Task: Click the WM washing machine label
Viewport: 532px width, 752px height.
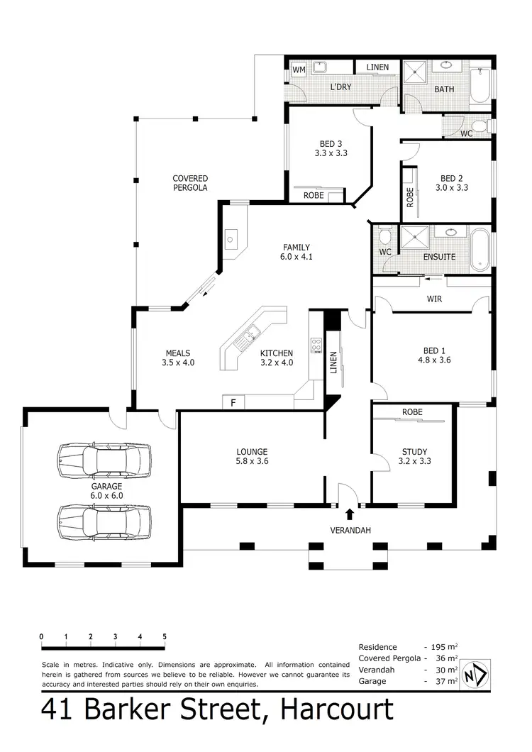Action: (299, 70)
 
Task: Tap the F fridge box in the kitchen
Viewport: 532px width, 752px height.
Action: (233, 402)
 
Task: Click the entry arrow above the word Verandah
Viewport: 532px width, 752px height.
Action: (350, 514)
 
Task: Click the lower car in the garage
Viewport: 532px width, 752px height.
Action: (105, 521)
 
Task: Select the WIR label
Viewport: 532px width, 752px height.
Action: (434, 299)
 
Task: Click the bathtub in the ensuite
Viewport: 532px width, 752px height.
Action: (480, 248)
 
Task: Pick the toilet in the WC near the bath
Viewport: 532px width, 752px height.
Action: (480, 127)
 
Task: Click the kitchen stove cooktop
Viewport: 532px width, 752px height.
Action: (316, 345)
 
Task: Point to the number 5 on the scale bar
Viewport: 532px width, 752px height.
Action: (165, 636)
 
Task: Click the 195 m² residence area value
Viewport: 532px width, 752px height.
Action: (443, 647)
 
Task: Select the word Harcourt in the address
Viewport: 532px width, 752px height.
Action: (337, 709)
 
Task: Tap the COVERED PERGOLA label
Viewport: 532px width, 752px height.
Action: (190, 183)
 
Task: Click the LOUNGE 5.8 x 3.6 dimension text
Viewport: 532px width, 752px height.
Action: (252, 462)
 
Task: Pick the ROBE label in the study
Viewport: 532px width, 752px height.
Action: (412, 412)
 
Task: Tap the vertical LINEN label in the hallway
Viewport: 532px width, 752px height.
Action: (334, 363)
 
